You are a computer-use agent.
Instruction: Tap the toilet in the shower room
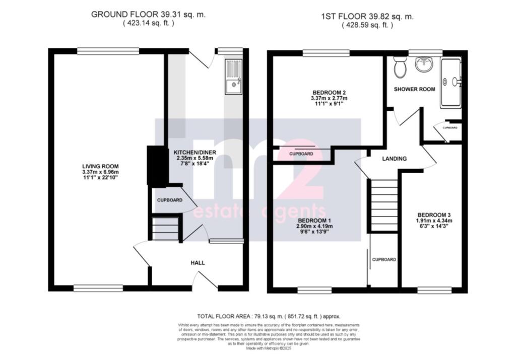coord(401,67)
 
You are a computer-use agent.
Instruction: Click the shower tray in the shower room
coord(450,83)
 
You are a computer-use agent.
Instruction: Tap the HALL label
coord(198,263)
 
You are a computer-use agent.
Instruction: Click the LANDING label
coord(394,159)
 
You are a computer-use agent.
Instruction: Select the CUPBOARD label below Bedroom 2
coord(302,154)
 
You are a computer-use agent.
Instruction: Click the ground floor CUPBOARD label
coord(170,200)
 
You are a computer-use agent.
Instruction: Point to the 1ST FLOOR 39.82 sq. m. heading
coord(367,17)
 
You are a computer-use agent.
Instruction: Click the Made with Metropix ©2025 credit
coord(257,348)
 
